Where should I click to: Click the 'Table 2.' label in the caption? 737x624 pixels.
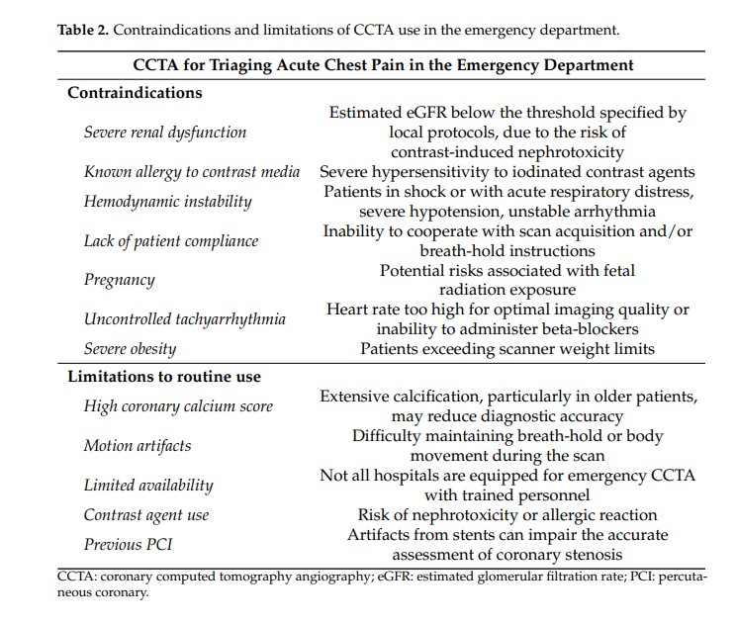[83, 30]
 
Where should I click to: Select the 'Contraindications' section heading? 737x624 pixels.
[135, 93]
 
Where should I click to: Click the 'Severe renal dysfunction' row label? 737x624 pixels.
[165, 133]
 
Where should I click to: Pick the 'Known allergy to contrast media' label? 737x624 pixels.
[192, 172]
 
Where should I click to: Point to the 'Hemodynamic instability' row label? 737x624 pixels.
[167, 201]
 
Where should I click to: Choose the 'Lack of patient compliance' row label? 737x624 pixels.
[170, 240]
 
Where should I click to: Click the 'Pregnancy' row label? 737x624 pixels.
[119, 280]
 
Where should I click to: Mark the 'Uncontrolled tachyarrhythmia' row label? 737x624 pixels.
[184, 318]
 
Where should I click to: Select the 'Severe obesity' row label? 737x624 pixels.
[130, 348]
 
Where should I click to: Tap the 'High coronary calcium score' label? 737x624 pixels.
[178, 405]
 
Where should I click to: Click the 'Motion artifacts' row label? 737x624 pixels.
[138, 445]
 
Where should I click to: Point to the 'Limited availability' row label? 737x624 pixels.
[148, 485]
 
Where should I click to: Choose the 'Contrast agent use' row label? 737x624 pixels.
[146, 514]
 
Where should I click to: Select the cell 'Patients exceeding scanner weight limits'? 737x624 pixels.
[507, 348]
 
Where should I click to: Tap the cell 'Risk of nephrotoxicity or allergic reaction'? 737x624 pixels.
[507, 514]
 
